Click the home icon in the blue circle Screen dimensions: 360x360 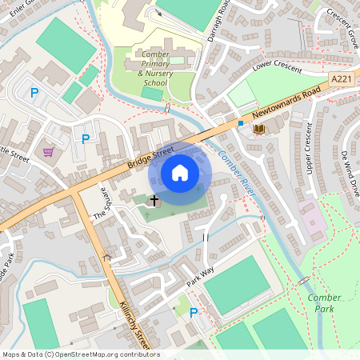(x=180, y=173)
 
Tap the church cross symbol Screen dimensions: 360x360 (x=154, y=201)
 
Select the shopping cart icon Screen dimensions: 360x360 (x=49, y=151)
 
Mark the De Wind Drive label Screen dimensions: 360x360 (x=350, y=173)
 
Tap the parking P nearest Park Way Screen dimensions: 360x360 (x=193, y=313)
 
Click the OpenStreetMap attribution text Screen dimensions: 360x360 (x=81, y=354)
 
